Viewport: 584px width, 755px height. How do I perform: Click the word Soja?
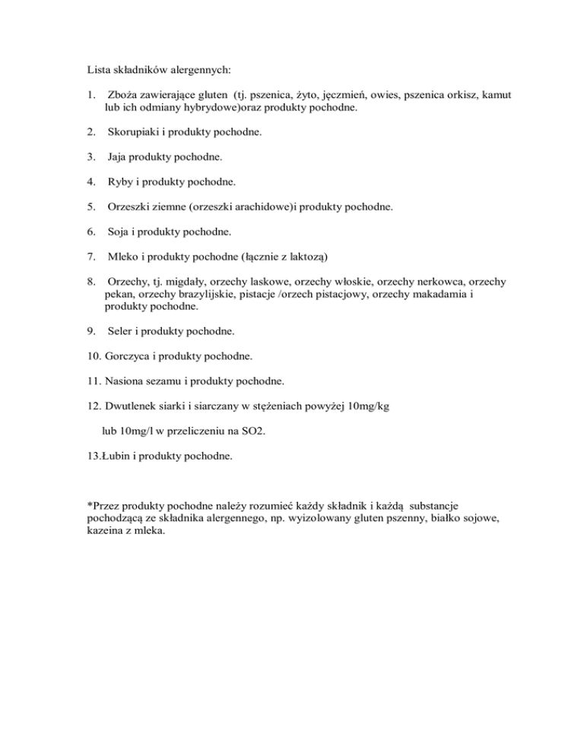(120, 232)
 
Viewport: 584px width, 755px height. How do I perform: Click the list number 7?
(91, 257)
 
